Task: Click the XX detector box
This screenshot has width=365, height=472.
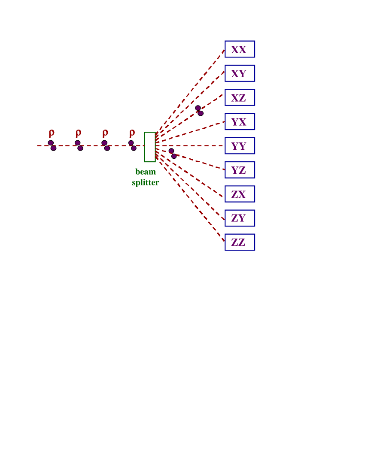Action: click(240, 49)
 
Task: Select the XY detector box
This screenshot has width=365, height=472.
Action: click(240, 73)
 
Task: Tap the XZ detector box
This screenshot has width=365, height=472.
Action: click(240, 97)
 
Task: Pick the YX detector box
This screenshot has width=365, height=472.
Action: click(240, 121)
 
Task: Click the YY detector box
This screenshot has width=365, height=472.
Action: click(240, 146)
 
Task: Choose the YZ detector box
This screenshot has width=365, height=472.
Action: click(240, 170)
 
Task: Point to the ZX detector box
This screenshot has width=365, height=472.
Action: click(240, 194)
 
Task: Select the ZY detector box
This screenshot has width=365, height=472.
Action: click(240, 218)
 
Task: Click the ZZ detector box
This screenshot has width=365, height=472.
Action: click(240, 242)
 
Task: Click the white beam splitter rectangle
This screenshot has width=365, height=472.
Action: click(150, 147)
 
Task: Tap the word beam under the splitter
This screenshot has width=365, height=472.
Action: click(146, 172)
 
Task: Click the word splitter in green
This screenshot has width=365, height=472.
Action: click(146, 183)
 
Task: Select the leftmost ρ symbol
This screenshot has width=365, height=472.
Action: click(52, 133)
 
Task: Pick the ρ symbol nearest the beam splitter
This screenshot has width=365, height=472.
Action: click(132, 133)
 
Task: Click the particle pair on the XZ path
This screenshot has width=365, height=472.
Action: click(199, 111)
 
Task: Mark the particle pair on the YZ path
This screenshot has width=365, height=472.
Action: click(173, 154)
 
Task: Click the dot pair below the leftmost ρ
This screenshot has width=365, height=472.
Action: click(52, 145)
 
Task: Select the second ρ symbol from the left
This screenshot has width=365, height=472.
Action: click(79, 133)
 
